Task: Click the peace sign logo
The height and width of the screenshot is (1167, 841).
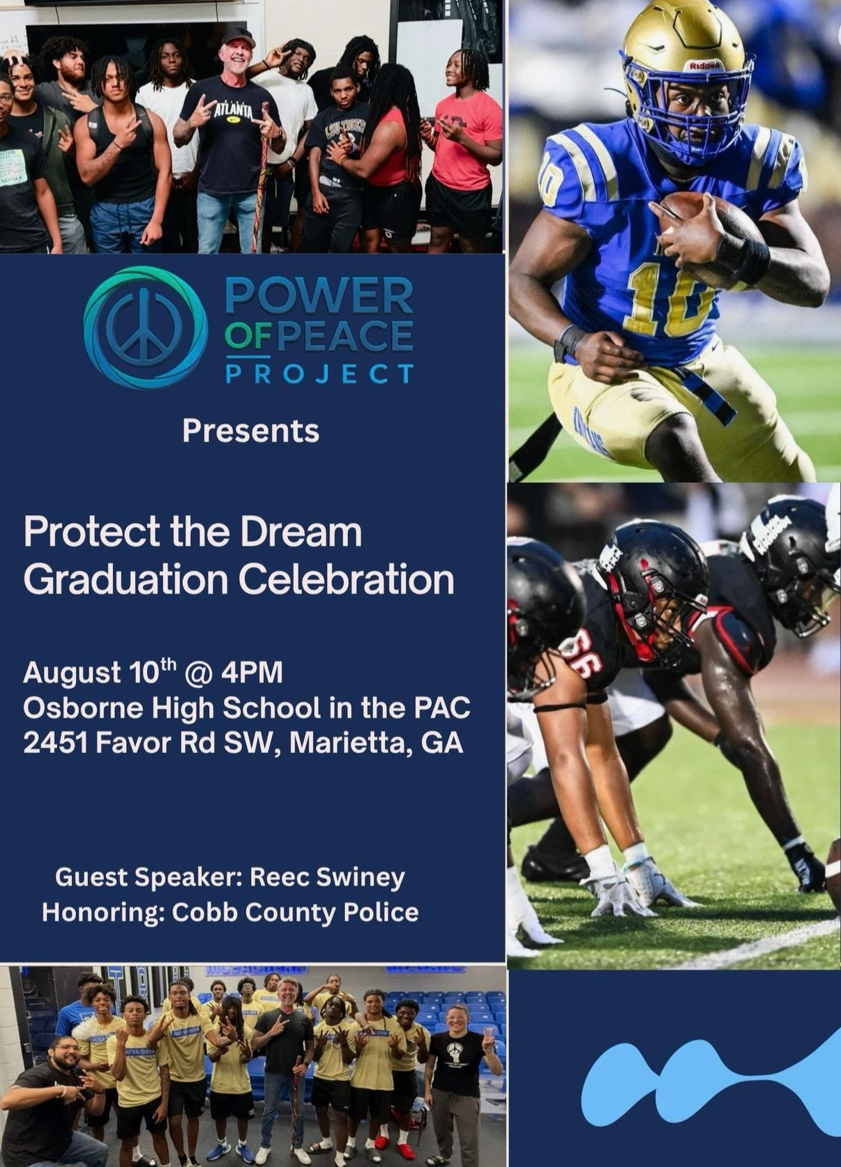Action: (146, 328)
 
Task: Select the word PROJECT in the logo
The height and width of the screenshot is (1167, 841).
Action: (319, 374)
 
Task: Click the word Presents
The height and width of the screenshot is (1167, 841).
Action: (250, 432)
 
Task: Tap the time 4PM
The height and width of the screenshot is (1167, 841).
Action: (252, 673)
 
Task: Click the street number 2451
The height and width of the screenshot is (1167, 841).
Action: (54, 743)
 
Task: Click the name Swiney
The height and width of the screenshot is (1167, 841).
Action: (361, 878)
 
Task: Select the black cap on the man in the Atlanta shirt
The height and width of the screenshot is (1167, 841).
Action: (238, 38)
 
